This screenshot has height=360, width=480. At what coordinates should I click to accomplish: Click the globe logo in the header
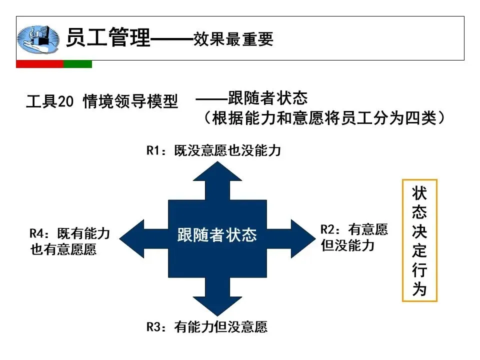click(38, 39)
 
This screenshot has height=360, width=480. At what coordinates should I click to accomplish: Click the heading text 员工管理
click(108, 37)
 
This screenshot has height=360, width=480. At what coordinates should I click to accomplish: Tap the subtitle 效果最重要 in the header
click(233, 39)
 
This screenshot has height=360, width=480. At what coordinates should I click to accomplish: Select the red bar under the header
click(40, 64)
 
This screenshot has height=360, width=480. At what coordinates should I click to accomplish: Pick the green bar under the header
click(78, 64)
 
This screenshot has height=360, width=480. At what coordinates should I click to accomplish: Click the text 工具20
click(50, 101)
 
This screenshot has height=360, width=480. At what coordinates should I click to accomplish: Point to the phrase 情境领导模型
click(130, 101)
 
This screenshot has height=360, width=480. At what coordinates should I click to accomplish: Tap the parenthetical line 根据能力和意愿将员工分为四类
click(324, 118)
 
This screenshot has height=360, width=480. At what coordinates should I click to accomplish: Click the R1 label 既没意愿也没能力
click(213, 150)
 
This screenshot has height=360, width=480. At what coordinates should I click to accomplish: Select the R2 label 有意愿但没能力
click(354, 237)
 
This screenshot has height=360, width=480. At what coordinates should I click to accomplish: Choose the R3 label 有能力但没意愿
click(207, 327)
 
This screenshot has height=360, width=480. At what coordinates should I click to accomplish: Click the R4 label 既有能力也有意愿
click(70, 241)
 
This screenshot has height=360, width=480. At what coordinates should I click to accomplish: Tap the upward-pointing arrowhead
click(217, 172)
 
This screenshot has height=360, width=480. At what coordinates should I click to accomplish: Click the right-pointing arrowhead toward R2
click(303, 238)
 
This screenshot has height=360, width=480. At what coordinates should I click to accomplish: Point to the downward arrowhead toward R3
click(217, 305)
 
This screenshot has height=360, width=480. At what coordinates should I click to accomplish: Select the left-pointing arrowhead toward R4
click(131, 238)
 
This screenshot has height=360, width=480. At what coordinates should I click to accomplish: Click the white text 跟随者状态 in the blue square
click(217, 235)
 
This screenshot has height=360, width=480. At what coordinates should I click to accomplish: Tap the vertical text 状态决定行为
click(419, 241)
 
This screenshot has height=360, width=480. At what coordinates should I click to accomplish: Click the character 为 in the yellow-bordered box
click(419, 289)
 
